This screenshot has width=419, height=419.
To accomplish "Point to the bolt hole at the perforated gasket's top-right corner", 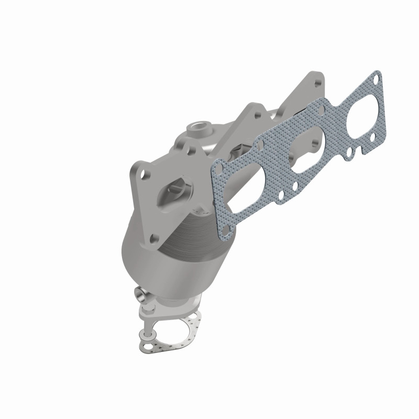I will pyautogui.click(x=373, y=79).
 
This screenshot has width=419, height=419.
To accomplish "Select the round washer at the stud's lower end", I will pyautogui.click(x=147, y=333).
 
